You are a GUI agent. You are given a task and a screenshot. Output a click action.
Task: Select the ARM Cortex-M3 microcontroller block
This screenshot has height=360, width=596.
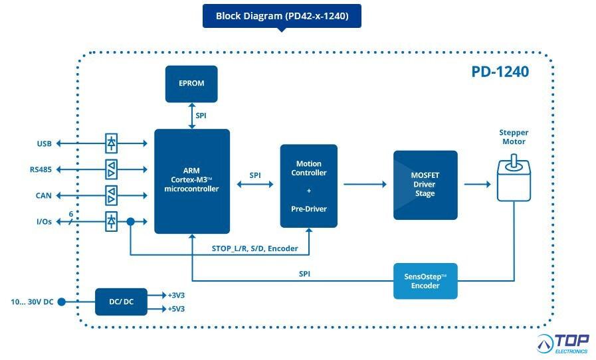192,181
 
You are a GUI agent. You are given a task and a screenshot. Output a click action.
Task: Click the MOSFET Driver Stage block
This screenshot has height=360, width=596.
425,185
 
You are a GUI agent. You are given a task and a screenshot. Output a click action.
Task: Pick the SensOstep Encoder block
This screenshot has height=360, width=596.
425,281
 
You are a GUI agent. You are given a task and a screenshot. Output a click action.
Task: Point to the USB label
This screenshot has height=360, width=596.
45,143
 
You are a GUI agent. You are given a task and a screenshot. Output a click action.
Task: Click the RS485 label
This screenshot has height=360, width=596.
41,169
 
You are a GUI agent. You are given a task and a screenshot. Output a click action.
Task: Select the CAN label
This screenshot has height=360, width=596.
44,195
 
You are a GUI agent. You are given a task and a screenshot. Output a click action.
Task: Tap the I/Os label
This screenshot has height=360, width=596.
43,221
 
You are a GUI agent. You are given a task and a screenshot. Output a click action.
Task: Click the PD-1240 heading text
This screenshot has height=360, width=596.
500,72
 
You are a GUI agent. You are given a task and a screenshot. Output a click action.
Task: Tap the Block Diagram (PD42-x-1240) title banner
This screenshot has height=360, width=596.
282,16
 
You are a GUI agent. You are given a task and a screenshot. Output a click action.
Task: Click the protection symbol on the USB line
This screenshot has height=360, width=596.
112,143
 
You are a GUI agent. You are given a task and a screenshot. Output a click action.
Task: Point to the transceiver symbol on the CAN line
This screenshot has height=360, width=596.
112,195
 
